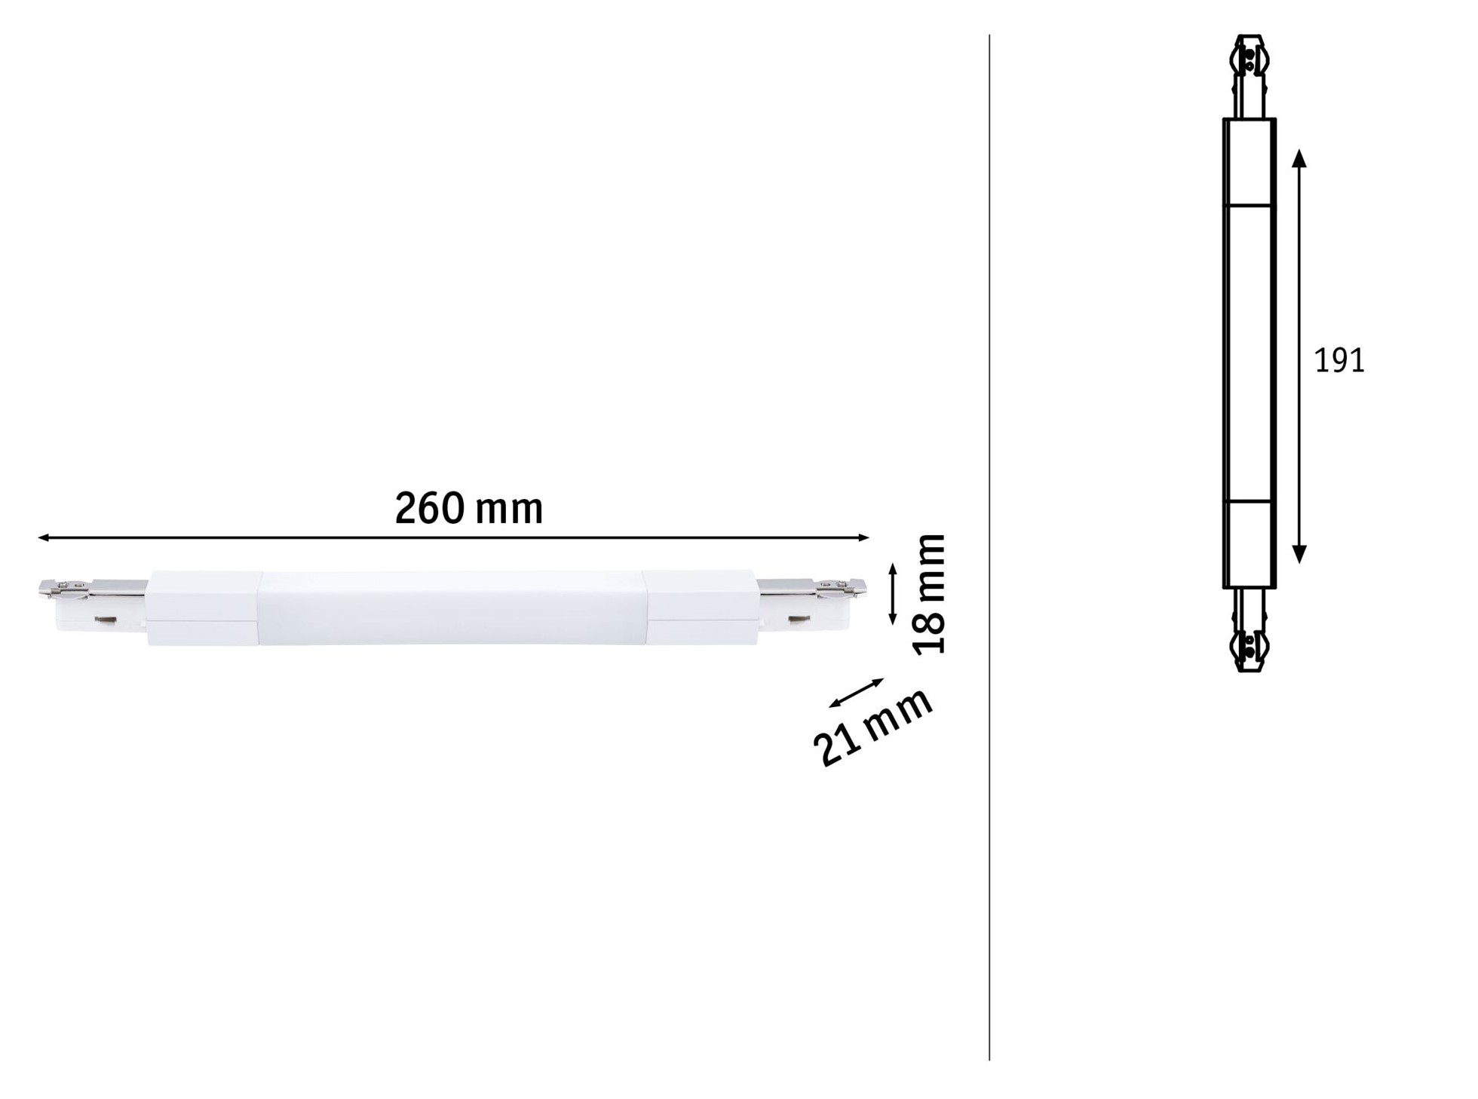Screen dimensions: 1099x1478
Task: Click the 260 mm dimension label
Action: click(x=469, y=510)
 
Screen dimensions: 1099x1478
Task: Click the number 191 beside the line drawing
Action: click(x=1339, y=362)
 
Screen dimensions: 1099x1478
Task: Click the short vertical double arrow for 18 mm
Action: click(x=893, y=593)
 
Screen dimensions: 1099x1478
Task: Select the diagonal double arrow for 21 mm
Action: click(x=856, y=693)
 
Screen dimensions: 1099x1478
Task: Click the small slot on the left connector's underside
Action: click(x=104, y=621)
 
